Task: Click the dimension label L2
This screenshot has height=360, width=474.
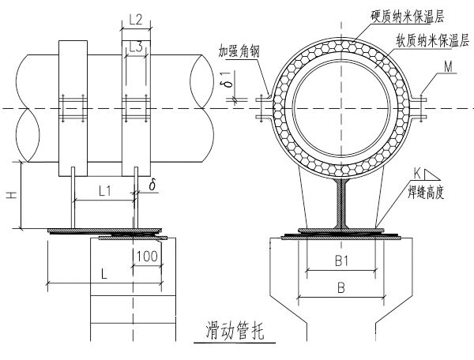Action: [x=134, y=17]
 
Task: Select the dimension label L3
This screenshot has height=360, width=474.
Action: [x=135, y=48]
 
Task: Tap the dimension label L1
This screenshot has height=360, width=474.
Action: [x=103, y=190]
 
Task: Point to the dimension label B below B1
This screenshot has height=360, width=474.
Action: [x=340, y=289]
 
